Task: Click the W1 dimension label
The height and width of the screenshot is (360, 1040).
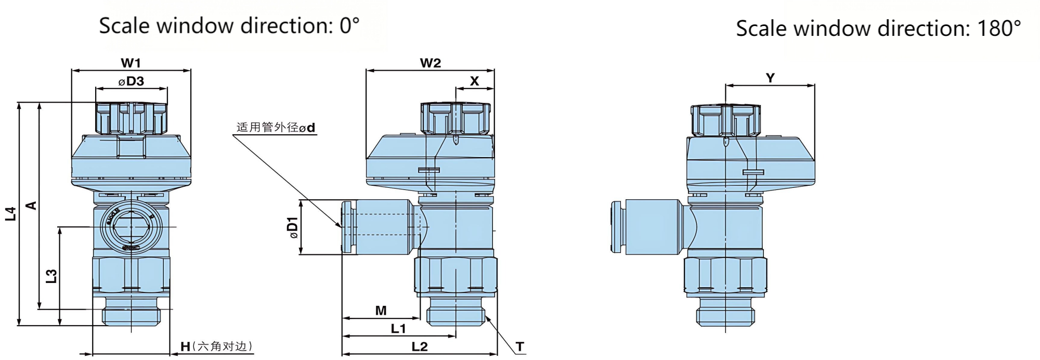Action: click(131, 63)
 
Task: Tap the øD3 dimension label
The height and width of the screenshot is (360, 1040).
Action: click(131, 82)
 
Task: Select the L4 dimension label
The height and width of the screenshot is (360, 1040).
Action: click(11, 214)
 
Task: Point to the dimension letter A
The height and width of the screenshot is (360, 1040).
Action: click(32, 205)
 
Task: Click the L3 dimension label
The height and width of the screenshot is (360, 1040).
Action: click(51, 276)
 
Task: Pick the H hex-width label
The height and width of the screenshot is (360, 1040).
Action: click(186, 346)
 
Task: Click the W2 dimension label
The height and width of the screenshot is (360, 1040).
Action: click(430, 63)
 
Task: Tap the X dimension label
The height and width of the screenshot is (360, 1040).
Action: click(474, 81)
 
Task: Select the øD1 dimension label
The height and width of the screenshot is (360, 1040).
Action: click(293, 227)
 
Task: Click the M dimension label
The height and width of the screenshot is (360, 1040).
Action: click(381, 311)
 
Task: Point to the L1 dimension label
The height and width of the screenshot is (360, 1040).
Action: click(398, 329)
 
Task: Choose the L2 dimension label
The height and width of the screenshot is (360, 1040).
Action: click(419, 347)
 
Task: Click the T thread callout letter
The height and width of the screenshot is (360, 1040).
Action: click(519, 346)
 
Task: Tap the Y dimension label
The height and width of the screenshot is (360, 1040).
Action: click(770, 78)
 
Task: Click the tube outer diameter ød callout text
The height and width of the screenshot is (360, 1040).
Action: click(276, 127)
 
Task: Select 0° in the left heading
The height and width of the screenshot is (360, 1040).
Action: click(349, 25)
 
